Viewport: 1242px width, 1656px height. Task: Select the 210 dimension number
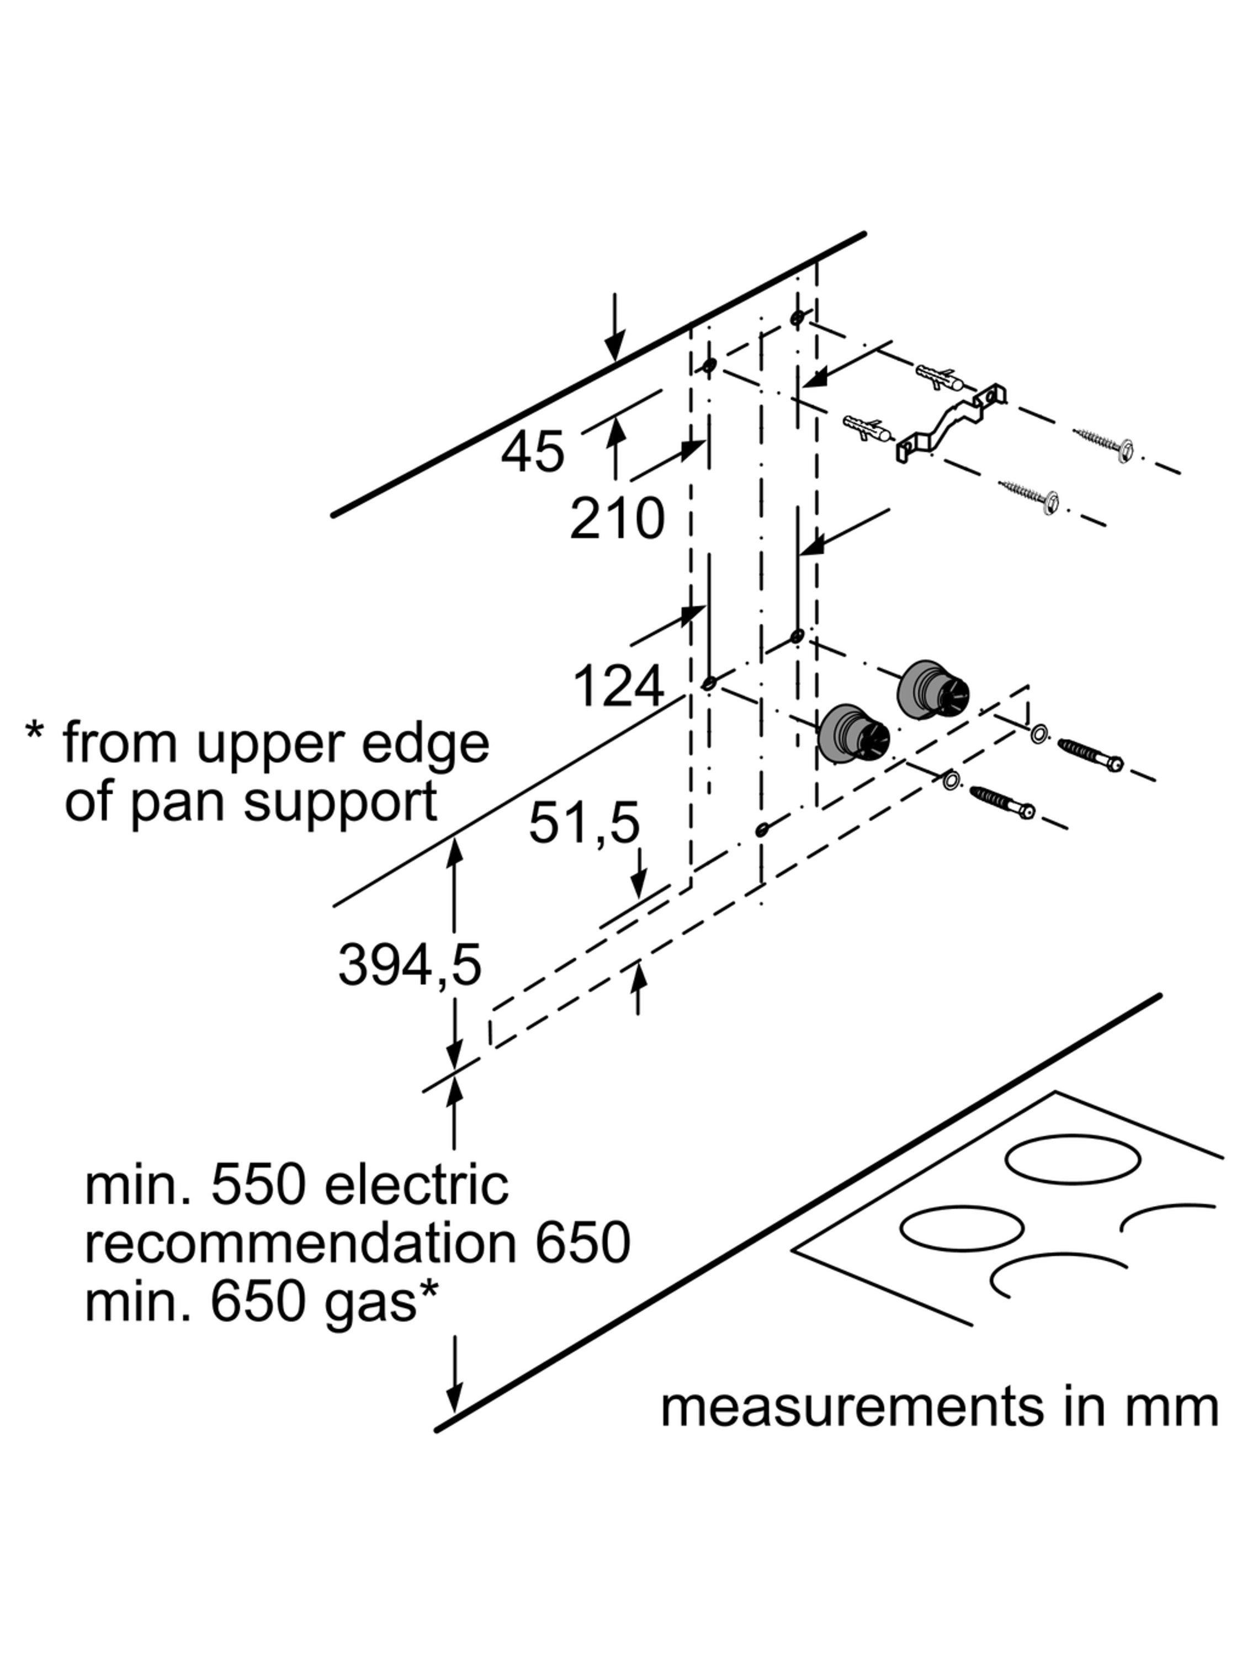point(616,518)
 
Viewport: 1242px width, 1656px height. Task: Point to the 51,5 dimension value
point(584,823)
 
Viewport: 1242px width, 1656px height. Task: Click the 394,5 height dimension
point(410,964)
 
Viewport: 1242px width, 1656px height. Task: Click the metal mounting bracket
point(951,423)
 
